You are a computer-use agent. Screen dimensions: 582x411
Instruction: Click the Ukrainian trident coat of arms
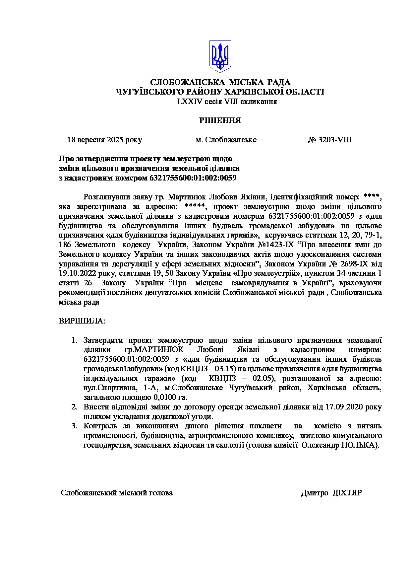pos(220,56)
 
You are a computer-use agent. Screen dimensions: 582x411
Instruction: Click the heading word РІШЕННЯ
pos(220,120)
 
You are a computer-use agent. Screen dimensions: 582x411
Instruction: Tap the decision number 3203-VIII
pos(335,140)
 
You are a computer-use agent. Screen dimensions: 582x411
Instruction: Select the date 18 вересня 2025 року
pos(104,140)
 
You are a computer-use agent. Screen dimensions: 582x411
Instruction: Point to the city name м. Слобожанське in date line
pos(226,140)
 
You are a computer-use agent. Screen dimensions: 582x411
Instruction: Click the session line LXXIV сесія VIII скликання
pos(227,102)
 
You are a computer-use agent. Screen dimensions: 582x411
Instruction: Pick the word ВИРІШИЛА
pos(82,321)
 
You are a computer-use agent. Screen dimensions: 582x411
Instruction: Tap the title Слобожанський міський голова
pos(117,493)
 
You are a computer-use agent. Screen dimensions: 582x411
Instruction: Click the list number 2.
pos(74,407)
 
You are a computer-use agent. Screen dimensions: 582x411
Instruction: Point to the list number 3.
pos(74,426)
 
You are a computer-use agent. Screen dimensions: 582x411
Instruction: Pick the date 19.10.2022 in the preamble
pos(77,273)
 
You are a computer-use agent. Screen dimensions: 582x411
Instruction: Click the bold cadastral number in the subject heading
pos(193,178)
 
